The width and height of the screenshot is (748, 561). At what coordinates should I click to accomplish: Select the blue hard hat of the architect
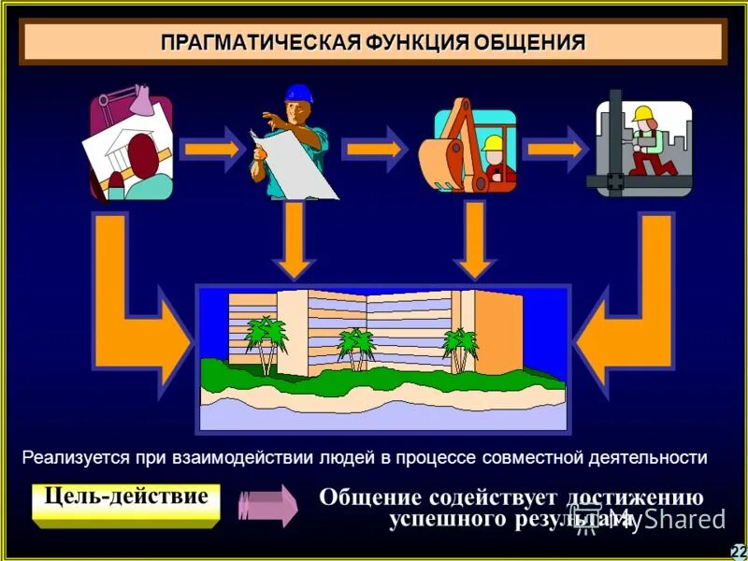click(x=298, y=93)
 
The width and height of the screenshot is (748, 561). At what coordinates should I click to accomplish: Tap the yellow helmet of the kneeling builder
click(x=641, y=114)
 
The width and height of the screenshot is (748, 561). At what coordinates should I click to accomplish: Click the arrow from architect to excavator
click(x=374, y=149)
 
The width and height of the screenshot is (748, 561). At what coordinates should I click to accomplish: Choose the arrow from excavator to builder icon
click(x=554, y=149)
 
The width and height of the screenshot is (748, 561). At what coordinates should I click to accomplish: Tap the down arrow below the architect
click(x=295, y=239)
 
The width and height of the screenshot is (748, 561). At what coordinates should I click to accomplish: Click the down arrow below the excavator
click(x=475, y=239)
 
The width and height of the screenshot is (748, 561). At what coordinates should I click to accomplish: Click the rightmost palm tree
click(x=460, y=346)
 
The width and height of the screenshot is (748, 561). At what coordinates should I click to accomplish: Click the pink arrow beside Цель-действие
click(x=267, y=505)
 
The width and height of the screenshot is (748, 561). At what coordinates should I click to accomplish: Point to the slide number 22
click(x=739, y=551)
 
